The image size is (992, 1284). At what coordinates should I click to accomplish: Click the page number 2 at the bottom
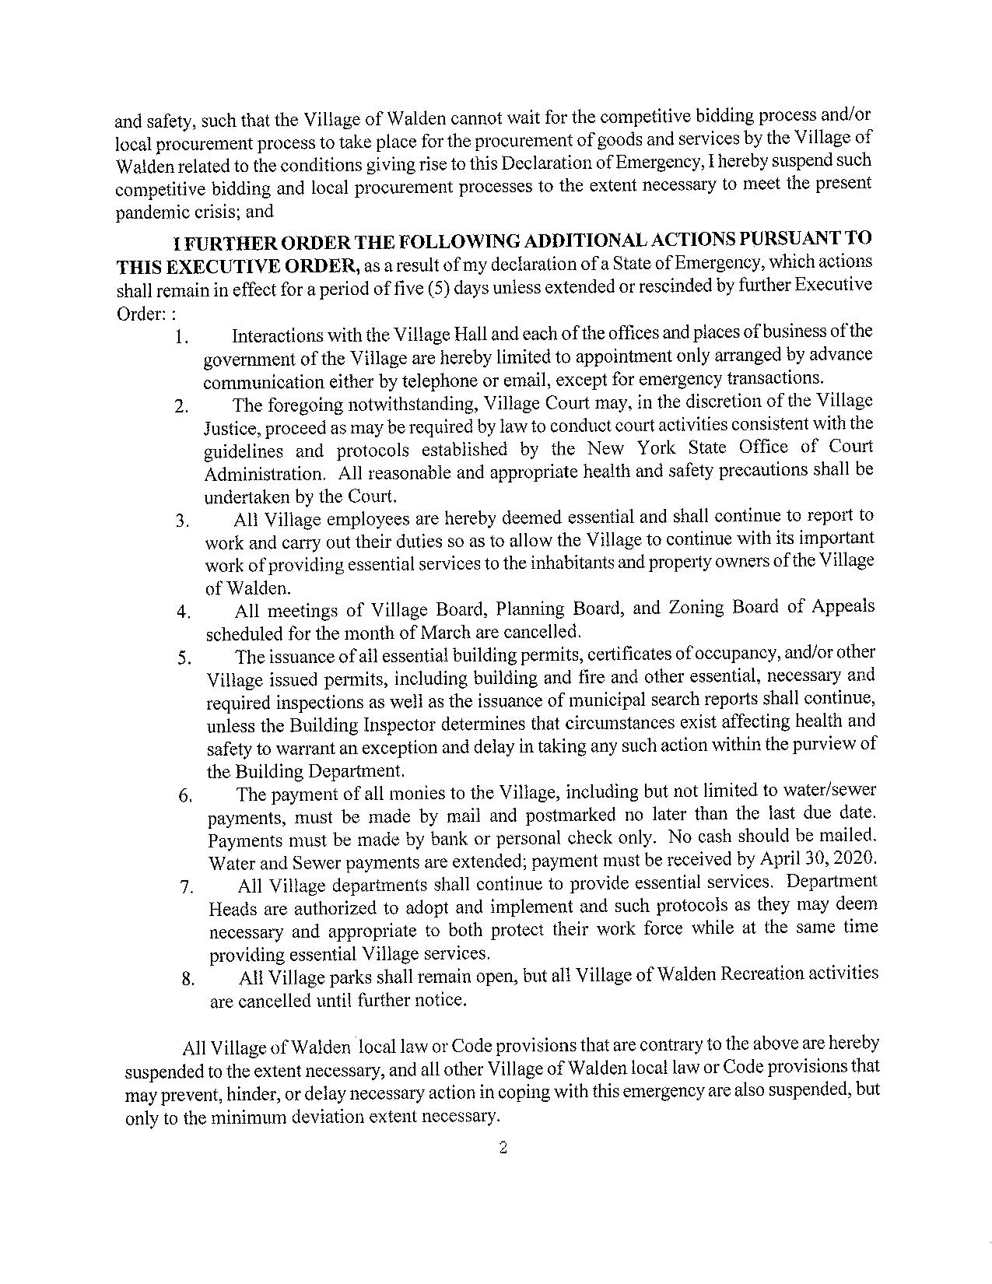[x=503, y=1148]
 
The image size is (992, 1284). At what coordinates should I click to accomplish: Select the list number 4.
[x=184, y=612]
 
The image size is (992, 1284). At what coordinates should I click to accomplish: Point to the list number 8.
[x=188, y=979]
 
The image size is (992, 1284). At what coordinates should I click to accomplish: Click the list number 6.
[x=185, y=796]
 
